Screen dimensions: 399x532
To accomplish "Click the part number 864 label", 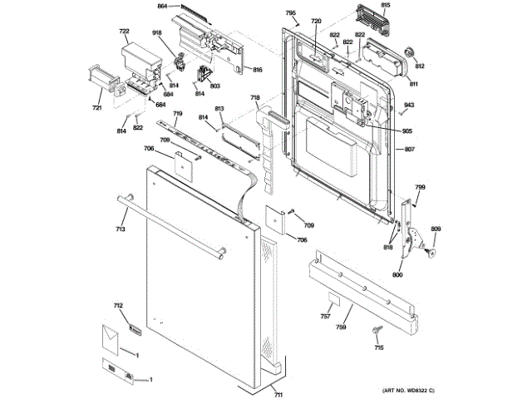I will point(163,7).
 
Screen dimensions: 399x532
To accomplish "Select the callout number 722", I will point(124,32).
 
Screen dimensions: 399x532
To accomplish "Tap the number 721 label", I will point(96,108).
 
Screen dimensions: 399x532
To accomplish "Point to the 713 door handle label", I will point(120,229).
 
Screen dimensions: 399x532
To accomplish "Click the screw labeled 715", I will point(377,332).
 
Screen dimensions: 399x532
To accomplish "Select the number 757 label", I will point(326,317).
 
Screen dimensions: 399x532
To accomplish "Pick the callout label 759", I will point(341,327).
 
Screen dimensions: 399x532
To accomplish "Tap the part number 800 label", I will point(397,274).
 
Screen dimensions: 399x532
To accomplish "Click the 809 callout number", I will point(435,229).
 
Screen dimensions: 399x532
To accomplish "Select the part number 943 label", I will point(409,104).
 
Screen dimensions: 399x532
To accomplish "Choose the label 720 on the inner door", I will point(316,21).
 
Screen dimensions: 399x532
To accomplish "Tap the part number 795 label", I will point(290,13).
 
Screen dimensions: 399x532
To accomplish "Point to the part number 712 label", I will point(118,307).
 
